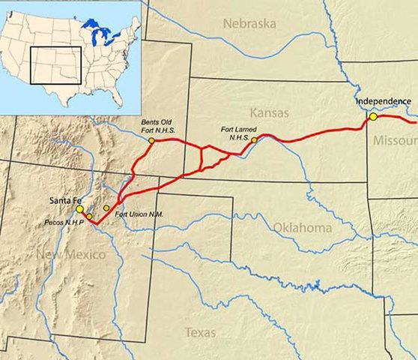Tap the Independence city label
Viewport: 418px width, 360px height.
coord(383,101)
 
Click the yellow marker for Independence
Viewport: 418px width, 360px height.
coord(373,117)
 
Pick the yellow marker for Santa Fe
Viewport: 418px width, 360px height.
coord(80,209)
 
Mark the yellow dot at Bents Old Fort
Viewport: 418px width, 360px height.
coord(151,140)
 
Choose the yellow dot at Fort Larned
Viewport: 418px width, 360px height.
coord(254,139)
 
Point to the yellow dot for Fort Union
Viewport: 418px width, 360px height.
coord(106,208)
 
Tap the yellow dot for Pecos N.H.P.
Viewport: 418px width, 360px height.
coord(89,217)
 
